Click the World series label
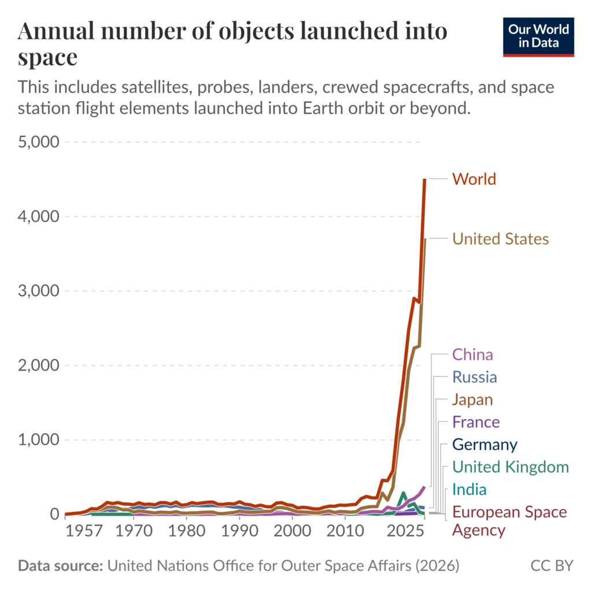click(x=474, y=179)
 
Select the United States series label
click(x=500, y=239)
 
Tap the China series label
click(x=472, y=354)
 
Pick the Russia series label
click(x=474, y=378)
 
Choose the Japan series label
click(x=472, y=399)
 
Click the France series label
click(x=476, y=422)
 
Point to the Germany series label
click(x=484, y=445)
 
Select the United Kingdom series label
click(x=510, y=467)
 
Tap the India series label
click(x=469, y=490)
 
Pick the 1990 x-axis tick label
click(x=239, y=531)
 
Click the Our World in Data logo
click(x=538, y=36)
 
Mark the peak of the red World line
click(x=425, y=180)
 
